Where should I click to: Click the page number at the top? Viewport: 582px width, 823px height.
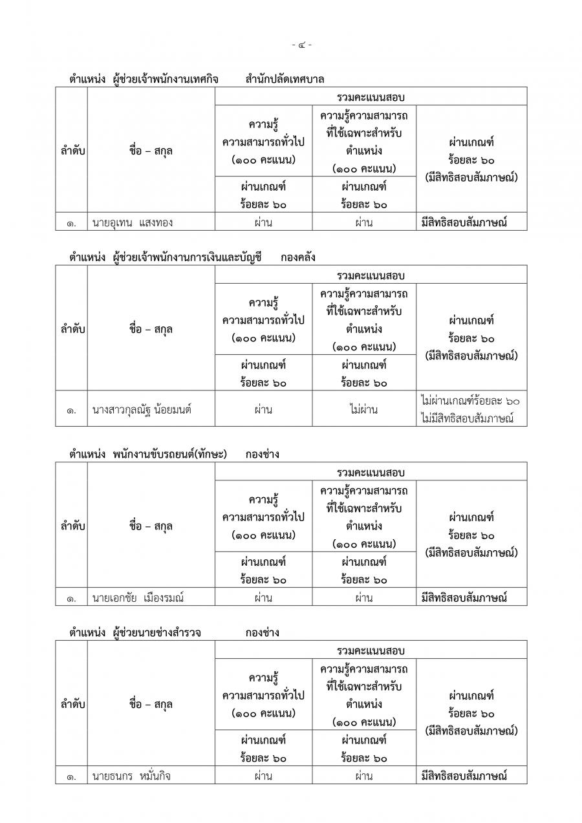[301, 45]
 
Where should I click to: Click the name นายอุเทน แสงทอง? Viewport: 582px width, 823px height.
[133, 223]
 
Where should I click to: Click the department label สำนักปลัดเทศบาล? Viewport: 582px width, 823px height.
[285, 80]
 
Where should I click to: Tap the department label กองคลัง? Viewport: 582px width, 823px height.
[298, 257]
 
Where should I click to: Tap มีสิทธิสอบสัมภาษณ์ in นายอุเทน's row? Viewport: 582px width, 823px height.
[462, 223]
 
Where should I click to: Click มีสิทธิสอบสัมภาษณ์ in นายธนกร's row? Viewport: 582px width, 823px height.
[462, 776]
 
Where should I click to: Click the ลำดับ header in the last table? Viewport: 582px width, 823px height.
[71, 704]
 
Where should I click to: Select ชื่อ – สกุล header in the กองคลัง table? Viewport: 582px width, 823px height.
[151, 329]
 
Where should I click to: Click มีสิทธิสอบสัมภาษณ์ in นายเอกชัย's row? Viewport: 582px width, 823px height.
[462, 598]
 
